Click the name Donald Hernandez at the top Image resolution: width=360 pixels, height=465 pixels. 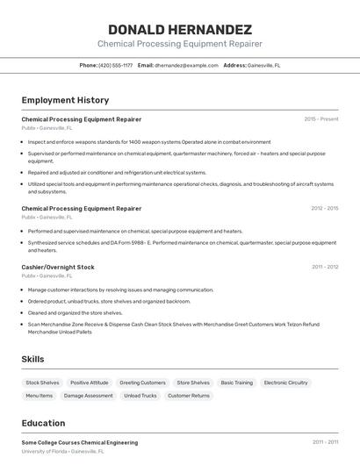pos(179,29)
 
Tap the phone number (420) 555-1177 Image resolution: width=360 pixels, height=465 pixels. pos(116,65)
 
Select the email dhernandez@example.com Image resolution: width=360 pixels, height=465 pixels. pos(186,65)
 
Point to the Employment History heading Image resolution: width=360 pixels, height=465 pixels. pos(65,100)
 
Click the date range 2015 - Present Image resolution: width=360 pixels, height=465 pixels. pos(320,119)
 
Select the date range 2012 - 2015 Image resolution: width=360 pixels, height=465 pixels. pos(324,209)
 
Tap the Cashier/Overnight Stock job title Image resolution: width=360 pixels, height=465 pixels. pos(58,267)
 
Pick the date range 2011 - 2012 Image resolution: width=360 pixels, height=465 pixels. pos(325,267)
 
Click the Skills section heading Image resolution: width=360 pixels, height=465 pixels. pos(32,359)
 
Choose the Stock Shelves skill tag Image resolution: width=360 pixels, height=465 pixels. pos(42,383)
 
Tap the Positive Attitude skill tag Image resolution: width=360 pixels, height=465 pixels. pos(90,383)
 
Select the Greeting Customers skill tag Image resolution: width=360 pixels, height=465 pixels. pos(142,383)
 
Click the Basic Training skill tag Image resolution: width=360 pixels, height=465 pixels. pos(236,383)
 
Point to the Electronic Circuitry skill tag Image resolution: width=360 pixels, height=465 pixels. pos(286,383)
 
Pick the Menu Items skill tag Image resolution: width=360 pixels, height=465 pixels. pos(39,396)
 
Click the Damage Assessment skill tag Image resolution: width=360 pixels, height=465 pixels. pos(88,396)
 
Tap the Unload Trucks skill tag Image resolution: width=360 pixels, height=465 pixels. pos(140,396)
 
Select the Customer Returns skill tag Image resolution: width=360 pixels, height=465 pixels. pos(189,396)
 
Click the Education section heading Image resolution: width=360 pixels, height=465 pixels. pos(43,423)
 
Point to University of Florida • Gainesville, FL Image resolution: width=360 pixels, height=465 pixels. pos(62,451)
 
